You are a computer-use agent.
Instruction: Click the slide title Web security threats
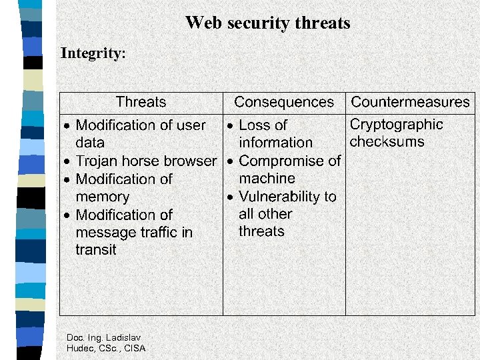pos(267,23)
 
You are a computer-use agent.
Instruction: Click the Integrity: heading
pos(93,53)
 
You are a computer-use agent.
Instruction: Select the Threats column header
pos(141,102)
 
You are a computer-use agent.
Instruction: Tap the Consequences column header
pos(284,102)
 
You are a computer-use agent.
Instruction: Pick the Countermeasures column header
pos(410,102)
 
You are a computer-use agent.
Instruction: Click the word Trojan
pos(97,161)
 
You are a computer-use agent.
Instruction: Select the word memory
pos(103,197)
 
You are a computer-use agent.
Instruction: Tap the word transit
pos(96,250)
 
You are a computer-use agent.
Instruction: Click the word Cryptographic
pos(396,125)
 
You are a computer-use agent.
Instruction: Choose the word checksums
pos(387,142)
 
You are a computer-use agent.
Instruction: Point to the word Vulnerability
pos(281,197)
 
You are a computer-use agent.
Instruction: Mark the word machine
pos(267,179)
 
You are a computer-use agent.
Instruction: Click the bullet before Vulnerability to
pos(229,197)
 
